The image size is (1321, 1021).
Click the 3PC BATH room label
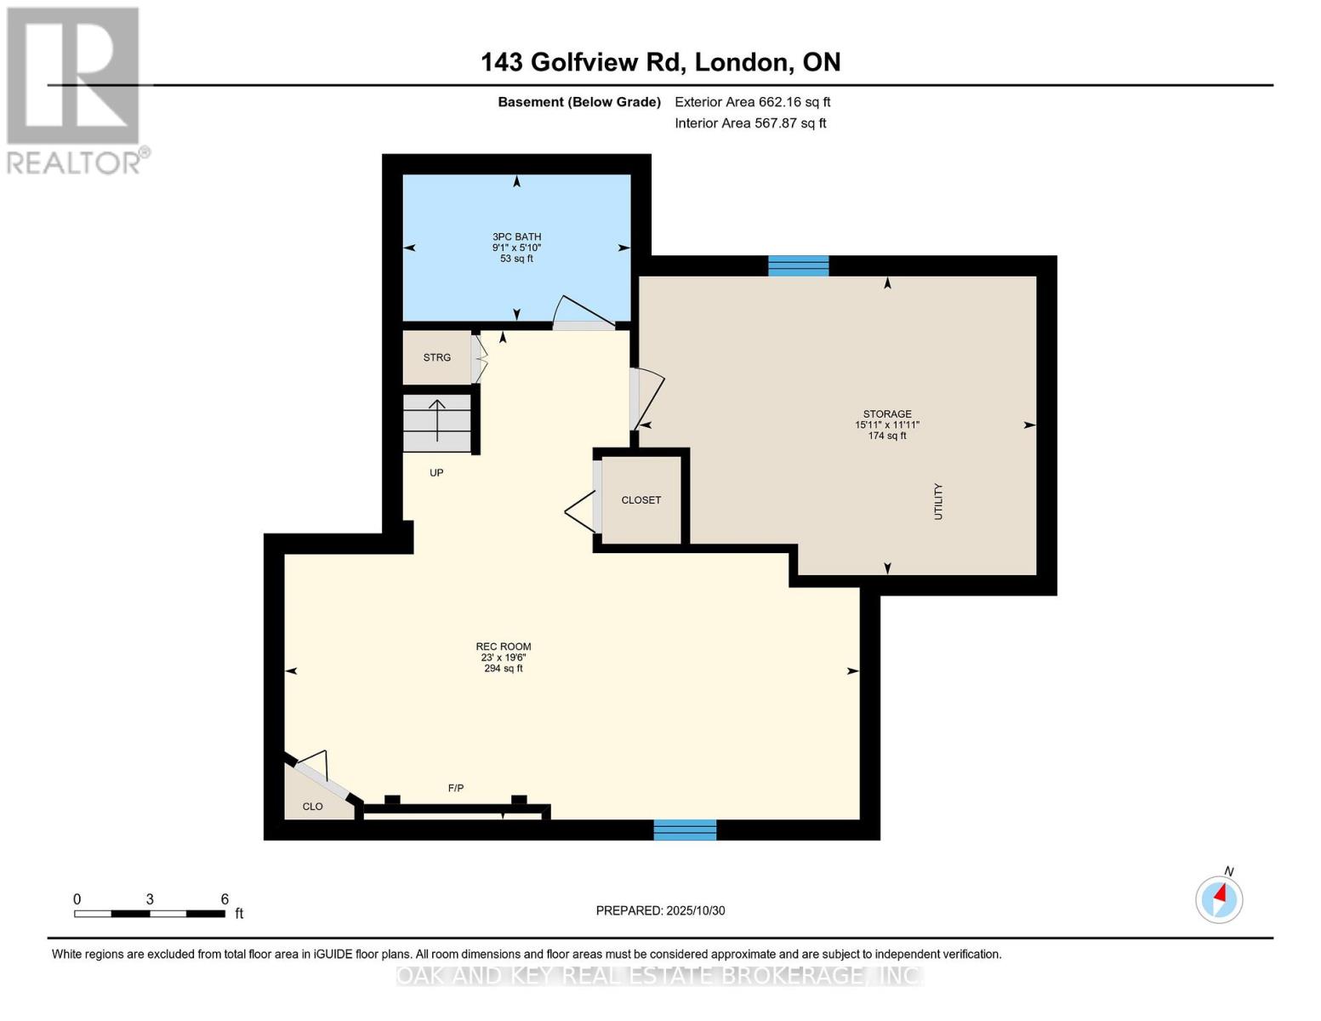coord(516,237)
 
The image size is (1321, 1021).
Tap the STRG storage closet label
coord(437,357)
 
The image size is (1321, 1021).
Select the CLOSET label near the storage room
coord(641,500)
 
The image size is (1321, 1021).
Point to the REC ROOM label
coord(504,647)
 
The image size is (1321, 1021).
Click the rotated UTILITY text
coord(939,502)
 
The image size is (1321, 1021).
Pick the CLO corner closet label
coord(313,807)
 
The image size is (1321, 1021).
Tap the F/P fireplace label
coord(456,789)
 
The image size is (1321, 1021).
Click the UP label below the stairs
coord(436,473)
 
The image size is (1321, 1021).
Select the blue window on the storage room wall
coord(798,266)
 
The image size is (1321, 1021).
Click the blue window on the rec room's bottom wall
coord(685,830)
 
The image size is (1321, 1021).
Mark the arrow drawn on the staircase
coord(437,420)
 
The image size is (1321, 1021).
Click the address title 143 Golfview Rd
coord(660,62)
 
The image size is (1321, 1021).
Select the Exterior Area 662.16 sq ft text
coord(753,102)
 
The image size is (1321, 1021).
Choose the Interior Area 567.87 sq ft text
coord(750,123)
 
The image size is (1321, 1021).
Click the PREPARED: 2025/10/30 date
coord(660,910)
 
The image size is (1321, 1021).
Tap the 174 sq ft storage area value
coord(887,436)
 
